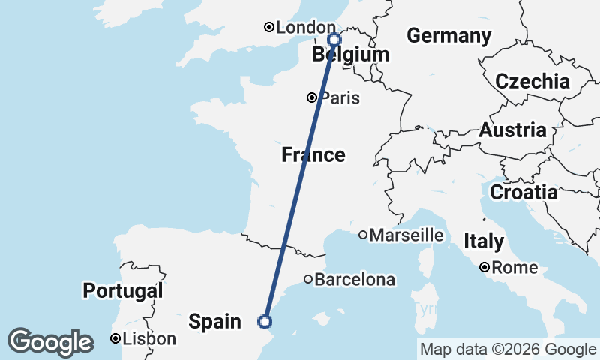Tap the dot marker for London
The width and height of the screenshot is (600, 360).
pos(269,28)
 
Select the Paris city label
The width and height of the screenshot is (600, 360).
pos(340,98)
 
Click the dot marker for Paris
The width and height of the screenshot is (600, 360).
pos(311,97)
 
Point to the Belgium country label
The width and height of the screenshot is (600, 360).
pos(351,55)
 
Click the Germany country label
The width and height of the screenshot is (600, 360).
pos(448,36)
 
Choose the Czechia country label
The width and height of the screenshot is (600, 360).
pos(532,82)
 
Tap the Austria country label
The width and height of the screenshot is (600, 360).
pos(513,130)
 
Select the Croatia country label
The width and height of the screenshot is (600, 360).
pos(523,193)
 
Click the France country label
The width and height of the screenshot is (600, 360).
pos(313,155)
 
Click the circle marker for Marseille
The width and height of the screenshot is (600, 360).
pos(363,235)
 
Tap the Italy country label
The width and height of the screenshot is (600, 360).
pos(483,241)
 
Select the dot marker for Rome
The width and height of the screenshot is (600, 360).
pos(485,267)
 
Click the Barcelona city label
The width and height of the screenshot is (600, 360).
pos(355,280)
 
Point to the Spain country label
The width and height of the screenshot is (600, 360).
pos(214,322)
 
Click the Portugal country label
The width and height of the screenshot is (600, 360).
pos(123,291)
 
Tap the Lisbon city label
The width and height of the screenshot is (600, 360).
pos(149,339)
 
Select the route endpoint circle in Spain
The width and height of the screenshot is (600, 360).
pos(264,322)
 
